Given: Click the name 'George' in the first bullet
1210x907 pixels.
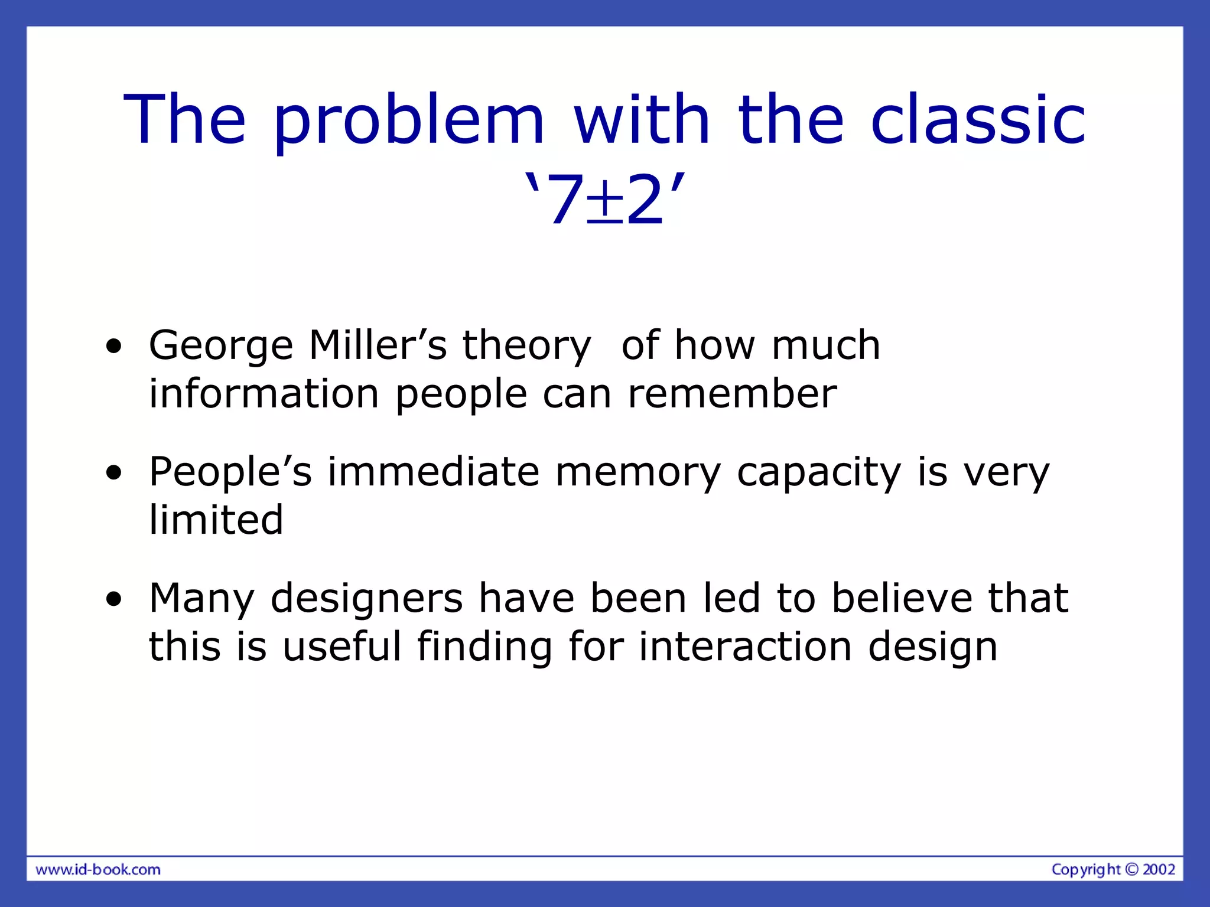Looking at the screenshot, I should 220,346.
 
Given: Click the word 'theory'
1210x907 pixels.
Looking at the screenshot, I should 526,346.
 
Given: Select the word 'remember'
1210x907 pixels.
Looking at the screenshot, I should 732,394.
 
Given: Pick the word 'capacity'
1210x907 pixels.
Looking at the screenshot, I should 819,473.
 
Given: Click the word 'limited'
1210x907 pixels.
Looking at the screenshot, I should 216,520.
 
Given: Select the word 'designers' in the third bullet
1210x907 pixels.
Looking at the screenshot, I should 366,599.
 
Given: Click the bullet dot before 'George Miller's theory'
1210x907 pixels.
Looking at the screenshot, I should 114,347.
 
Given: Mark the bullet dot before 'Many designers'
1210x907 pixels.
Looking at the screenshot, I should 114,599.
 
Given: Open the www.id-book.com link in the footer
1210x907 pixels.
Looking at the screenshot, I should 98,869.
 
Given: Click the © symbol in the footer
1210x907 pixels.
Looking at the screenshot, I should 1131,869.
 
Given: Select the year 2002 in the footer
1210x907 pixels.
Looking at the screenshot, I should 1159,869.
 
